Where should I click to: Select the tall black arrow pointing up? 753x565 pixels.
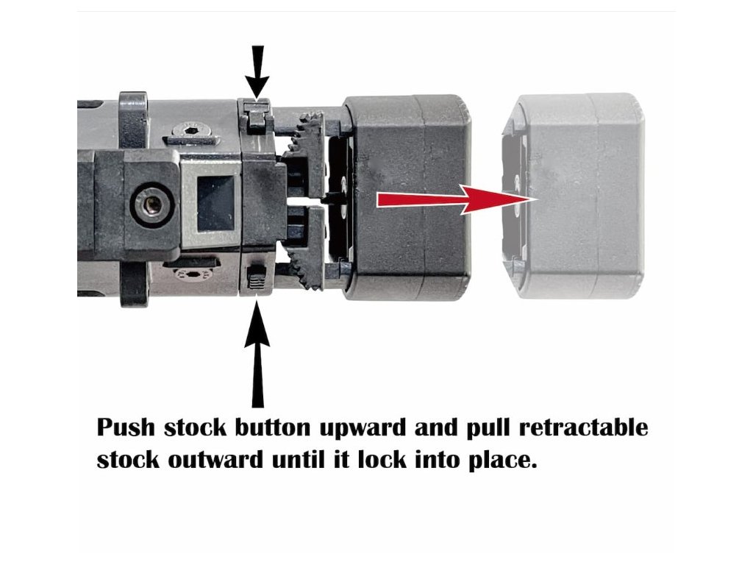[257, 353]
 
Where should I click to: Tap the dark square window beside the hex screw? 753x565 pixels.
[215, 203]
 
